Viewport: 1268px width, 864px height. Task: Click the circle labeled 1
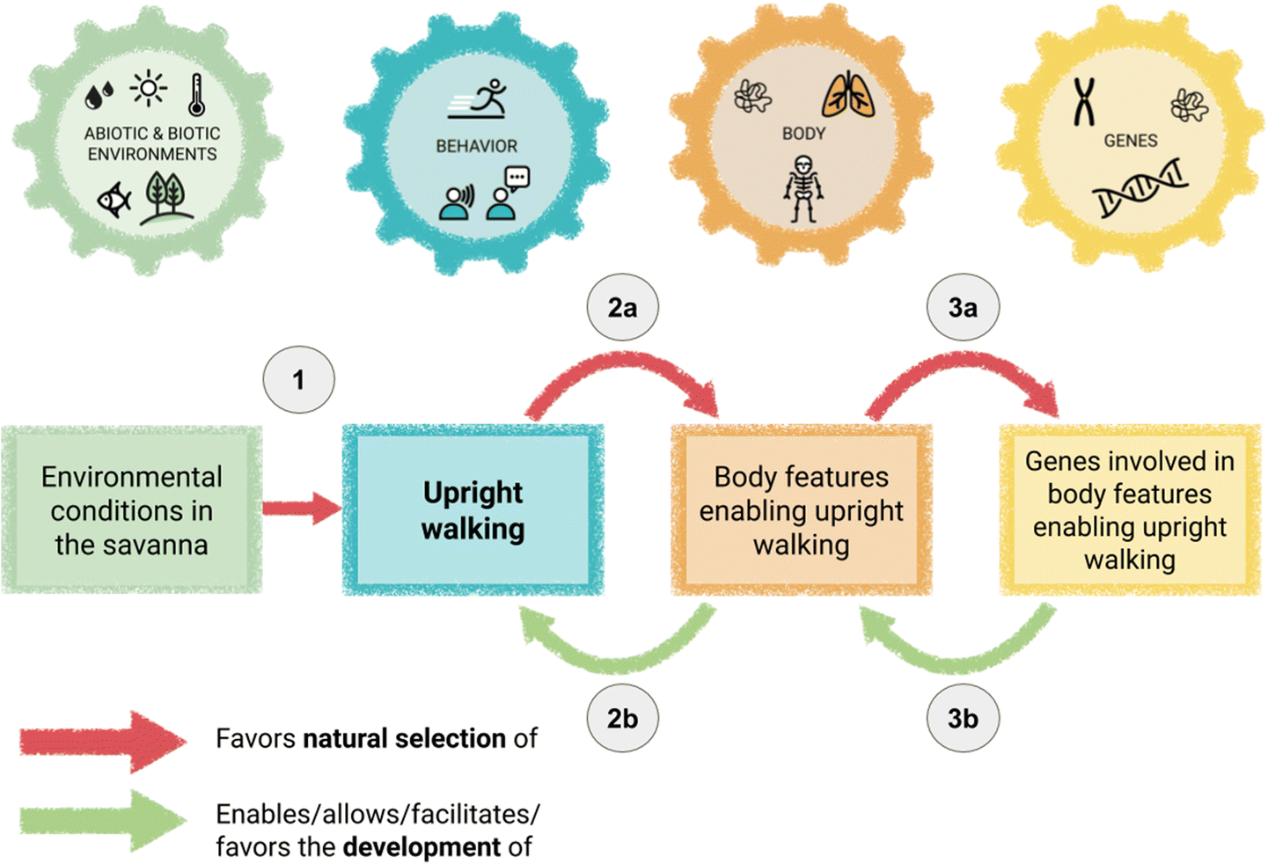[x=298, y=380]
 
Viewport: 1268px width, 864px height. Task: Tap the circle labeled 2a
[x=622, y=308]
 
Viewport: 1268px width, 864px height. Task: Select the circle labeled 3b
[x=963, y=719]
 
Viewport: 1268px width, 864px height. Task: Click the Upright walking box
[x=473, y=510]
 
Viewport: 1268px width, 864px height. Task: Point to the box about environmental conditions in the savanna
[x=132, y=510]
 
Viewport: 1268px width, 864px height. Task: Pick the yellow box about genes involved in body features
[x=1130, y=510]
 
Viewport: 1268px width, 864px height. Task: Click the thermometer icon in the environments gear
[x=197, y=95]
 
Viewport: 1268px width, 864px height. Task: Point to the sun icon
[x=149, y=89]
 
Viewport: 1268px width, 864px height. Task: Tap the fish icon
[x=114, y=200]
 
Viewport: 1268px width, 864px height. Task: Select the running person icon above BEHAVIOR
[x=480, y=99]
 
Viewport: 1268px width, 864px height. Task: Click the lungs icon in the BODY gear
[x=848, y=96]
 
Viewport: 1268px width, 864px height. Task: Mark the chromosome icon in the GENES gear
[x=1084, y=100]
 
